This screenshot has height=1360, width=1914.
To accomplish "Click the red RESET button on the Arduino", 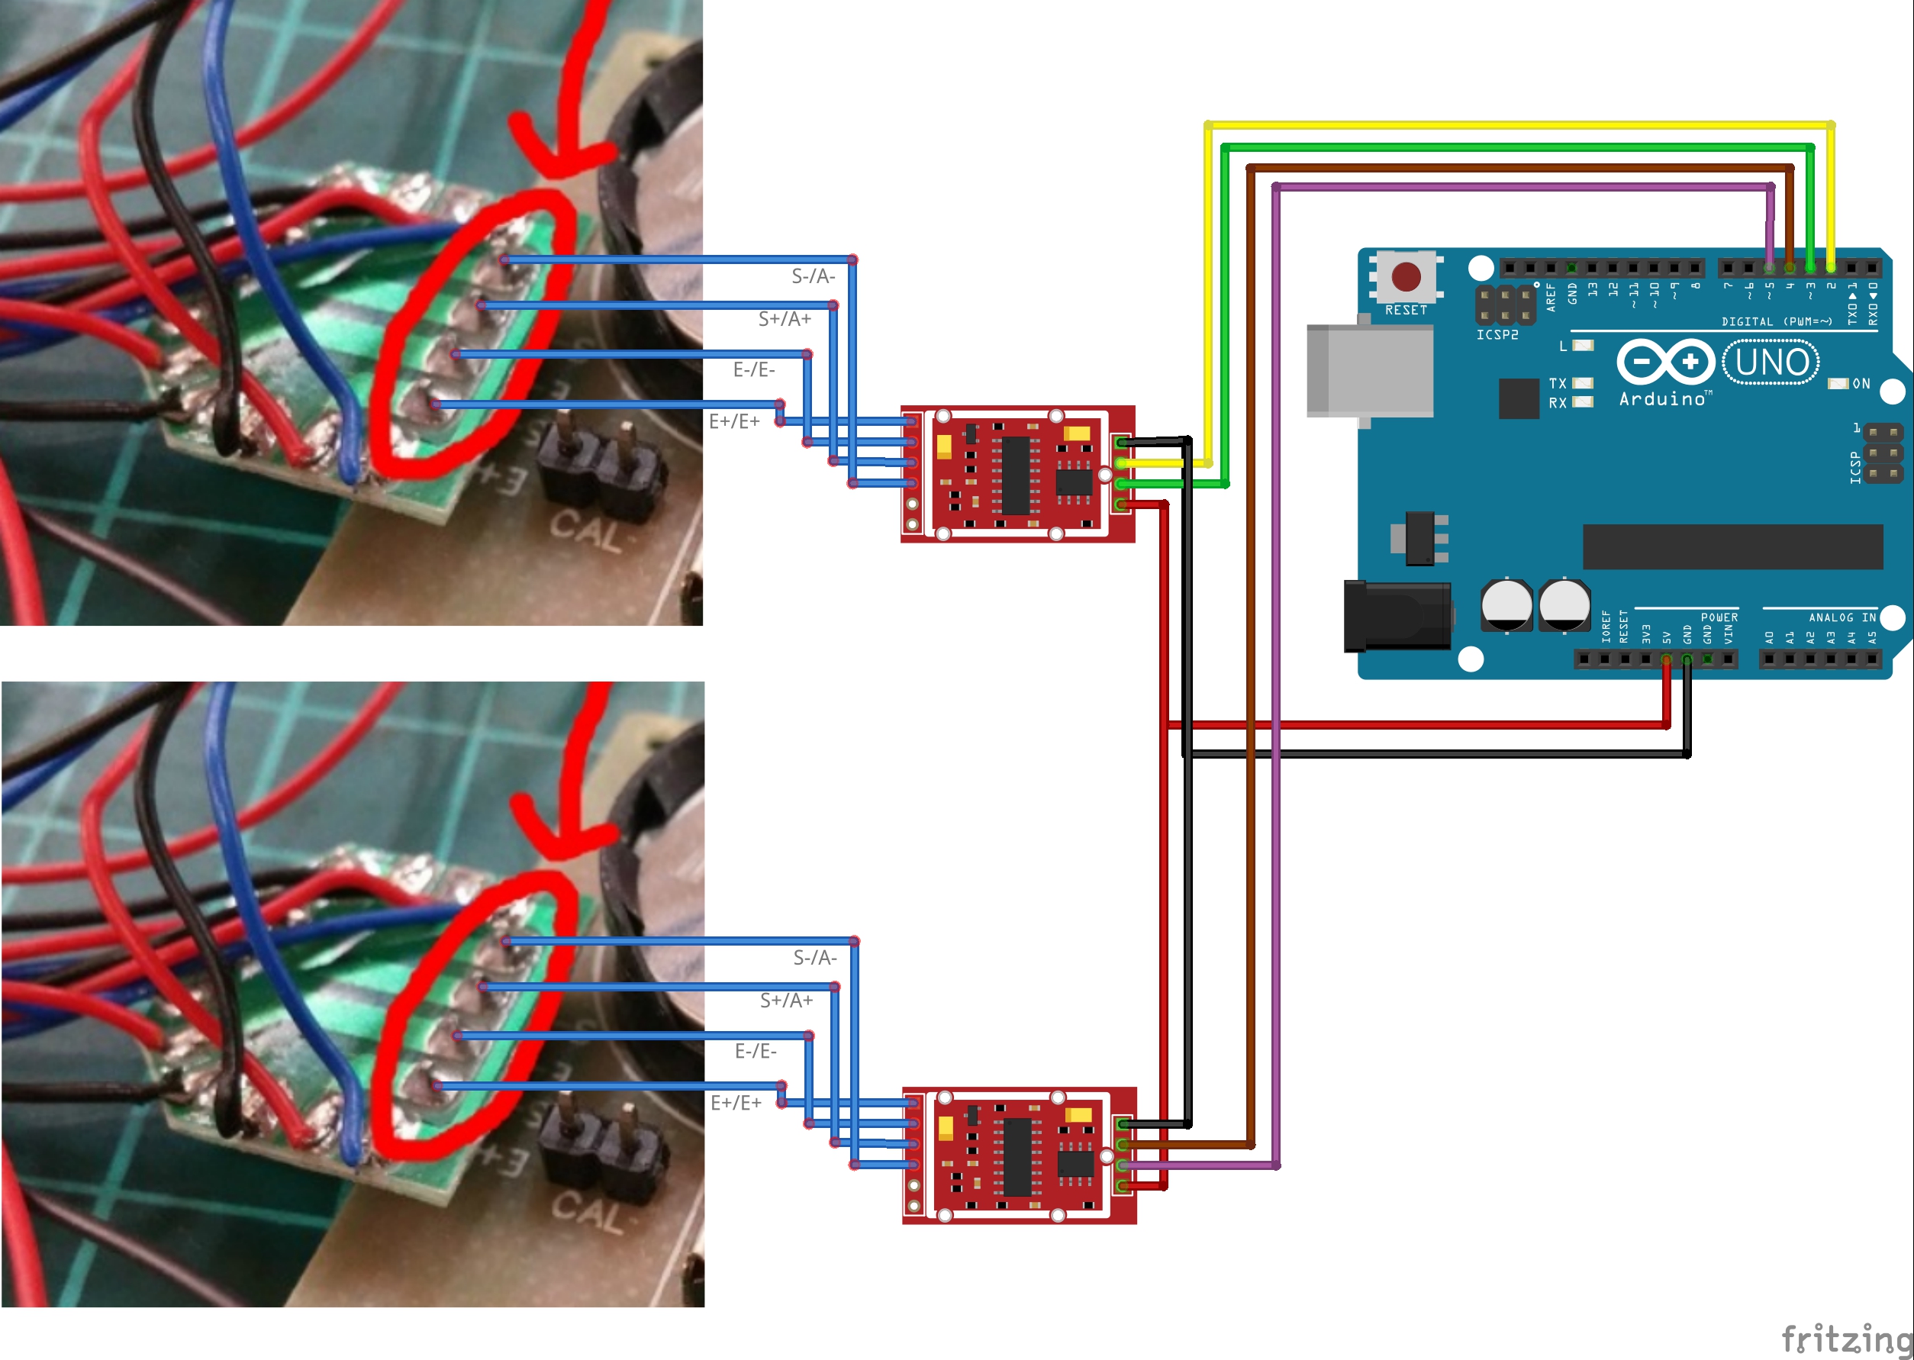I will (1406, 276).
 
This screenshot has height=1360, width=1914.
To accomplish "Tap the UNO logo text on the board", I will (1771, 363).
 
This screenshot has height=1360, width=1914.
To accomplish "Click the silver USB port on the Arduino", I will (1371, 371).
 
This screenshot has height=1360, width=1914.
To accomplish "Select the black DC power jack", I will (1397, 617).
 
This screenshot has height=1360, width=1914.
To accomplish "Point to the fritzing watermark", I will (1846, 1338).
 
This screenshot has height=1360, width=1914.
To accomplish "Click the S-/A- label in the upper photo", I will (813, 276).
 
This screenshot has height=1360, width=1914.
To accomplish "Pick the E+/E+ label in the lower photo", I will (736, 1103).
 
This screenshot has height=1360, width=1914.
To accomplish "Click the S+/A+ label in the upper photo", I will (785, 319).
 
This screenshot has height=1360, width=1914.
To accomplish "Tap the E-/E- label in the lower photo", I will (756, 1051).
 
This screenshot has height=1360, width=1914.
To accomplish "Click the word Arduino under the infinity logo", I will (1663, 399).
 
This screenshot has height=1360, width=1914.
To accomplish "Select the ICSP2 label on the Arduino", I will (1497, 335).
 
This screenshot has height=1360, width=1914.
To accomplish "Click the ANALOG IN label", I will (1841, 617).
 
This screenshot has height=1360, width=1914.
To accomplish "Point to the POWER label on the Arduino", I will (1719, 617).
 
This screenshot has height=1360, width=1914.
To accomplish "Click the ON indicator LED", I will (1838, 384).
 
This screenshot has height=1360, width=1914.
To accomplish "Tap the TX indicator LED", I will (1583, 384).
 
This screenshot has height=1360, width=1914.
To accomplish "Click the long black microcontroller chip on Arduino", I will (1732, 547).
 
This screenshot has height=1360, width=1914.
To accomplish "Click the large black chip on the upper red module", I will (1015, 475).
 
